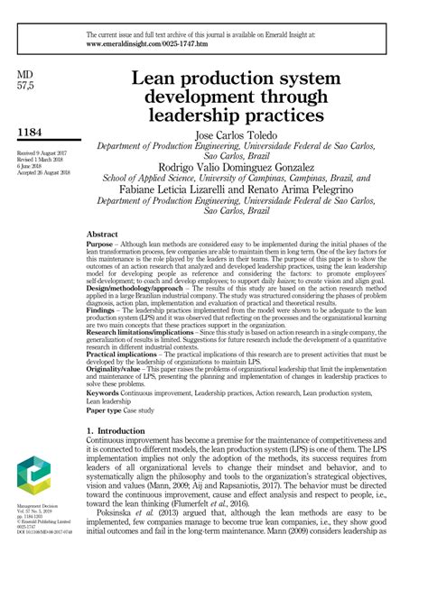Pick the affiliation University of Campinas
[x=265, y=179]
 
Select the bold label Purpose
[x=98, y=244]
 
